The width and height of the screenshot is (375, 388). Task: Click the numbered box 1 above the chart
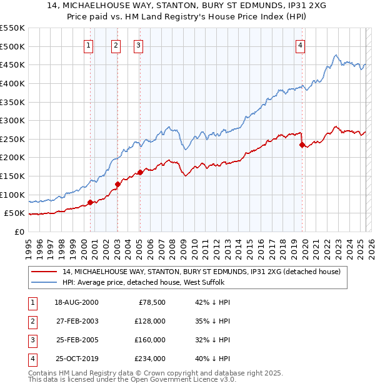click(x=89, y=45)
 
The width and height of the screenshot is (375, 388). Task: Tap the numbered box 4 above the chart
click(x=301, y=45)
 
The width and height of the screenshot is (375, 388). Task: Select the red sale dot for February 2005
click(x=139, y=172)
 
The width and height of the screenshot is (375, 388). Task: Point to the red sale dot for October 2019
click(x=302, y=145)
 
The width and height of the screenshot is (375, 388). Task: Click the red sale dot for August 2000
click(x=90, y=202)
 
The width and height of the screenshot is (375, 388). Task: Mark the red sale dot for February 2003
click(x=117, y=184)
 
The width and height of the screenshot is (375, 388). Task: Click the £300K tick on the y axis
click(x=13, y=120)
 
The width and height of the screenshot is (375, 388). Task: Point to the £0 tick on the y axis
click(x=19, y=232)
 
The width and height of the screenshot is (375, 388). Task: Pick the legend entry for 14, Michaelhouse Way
click(x=201, y=272)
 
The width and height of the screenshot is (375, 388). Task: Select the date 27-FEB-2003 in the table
click(x=76, y=321)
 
